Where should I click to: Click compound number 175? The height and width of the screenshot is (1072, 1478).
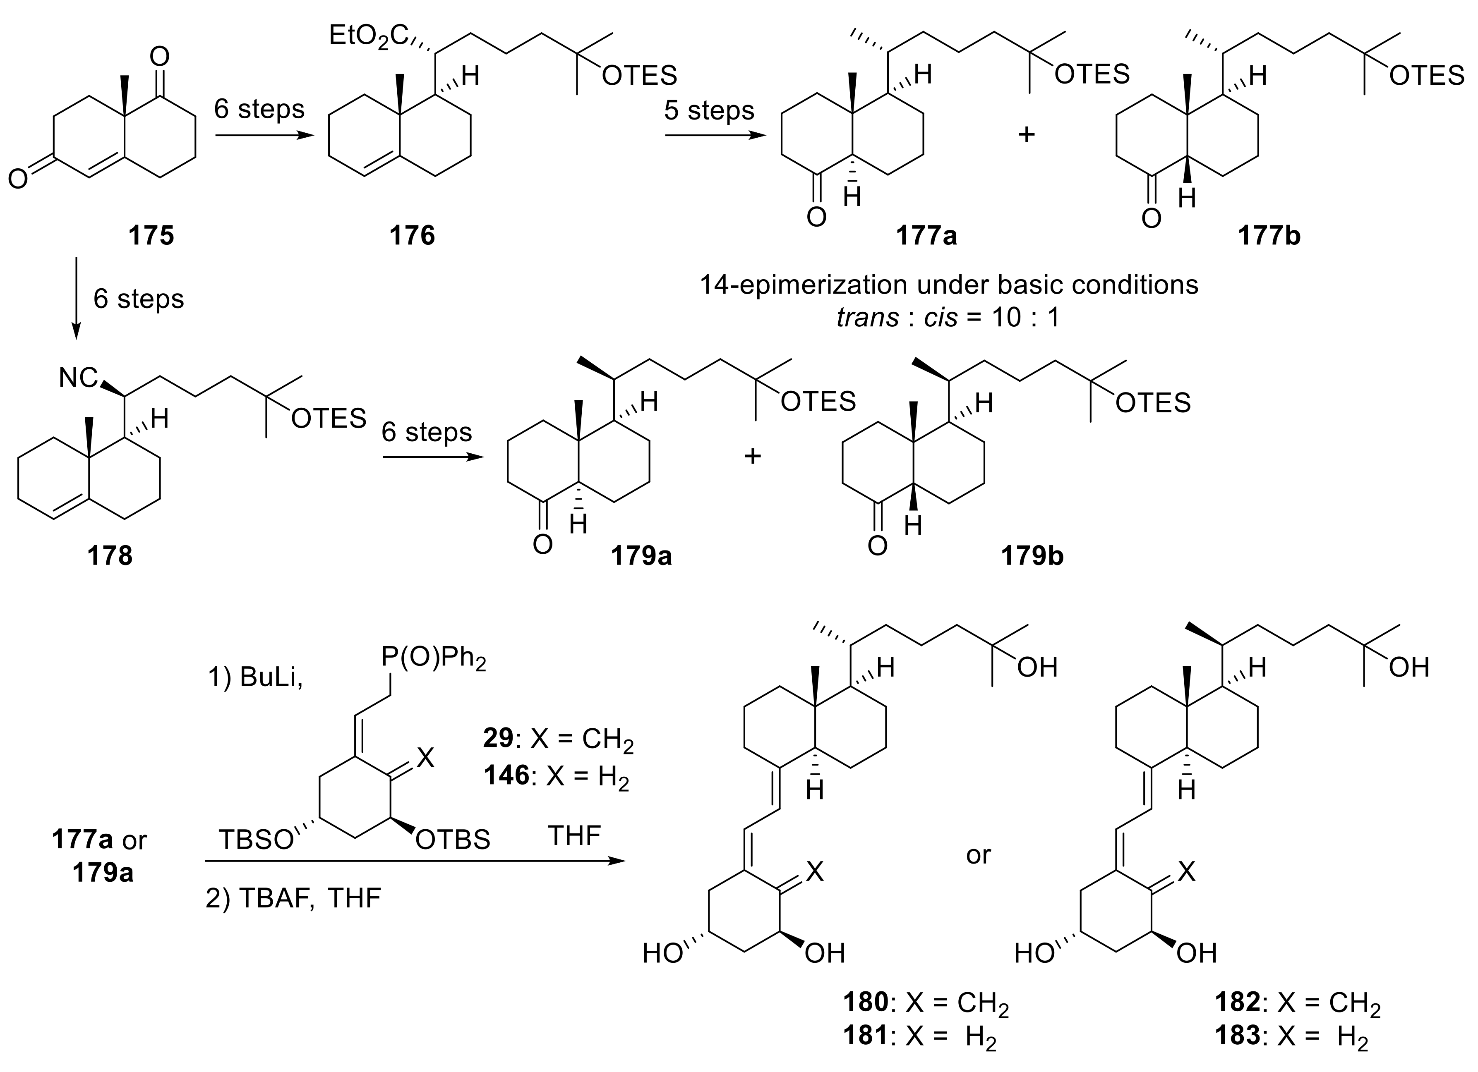(151, 235)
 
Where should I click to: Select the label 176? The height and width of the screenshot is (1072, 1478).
(412, 235)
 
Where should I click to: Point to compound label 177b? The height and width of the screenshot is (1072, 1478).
(1269, 235)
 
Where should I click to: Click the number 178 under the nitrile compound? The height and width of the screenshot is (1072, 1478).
(110, 555)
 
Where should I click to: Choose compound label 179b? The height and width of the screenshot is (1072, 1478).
(1033, 555)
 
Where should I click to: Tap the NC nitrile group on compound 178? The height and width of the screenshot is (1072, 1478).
(78, 378)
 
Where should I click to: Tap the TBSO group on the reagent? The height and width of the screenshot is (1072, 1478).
(255, 840)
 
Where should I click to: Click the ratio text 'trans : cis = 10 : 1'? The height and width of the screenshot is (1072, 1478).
(949, 318)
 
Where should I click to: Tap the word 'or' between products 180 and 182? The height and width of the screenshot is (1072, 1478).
(978, 854)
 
